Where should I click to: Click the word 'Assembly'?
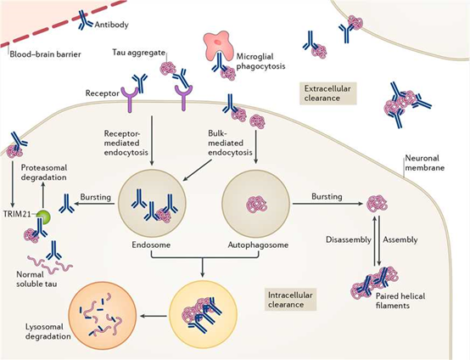(400, 239)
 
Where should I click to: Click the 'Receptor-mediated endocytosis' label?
(127, 139)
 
